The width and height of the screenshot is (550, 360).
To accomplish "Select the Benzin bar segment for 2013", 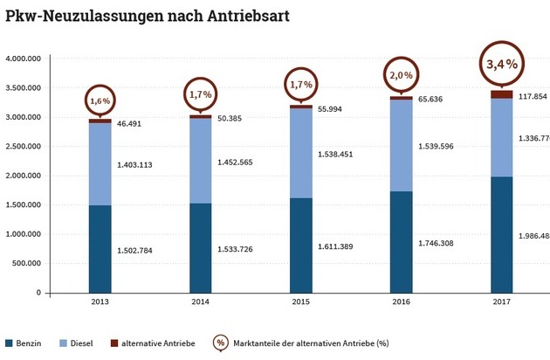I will (100, 249).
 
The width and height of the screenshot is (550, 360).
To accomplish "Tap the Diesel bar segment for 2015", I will (301, 153).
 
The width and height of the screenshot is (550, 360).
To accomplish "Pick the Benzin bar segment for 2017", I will (502, 234).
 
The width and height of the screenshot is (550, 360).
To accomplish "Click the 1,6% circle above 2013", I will (99, 100).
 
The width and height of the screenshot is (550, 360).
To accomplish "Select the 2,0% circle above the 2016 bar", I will (401, 78).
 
